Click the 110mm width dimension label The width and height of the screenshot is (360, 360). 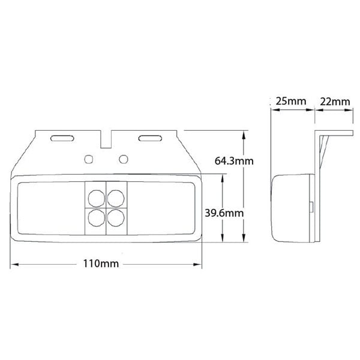point(101,263)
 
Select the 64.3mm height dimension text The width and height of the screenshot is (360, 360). point(234,161)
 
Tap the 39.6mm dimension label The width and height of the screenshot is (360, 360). point(224,213)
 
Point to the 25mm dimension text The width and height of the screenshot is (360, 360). point(291,101)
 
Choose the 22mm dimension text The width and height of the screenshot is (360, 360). point(335,101)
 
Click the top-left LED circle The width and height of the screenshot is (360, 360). point(97,199)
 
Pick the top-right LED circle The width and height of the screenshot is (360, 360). point(116,199)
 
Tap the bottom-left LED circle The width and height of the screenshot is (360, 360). point(97,218)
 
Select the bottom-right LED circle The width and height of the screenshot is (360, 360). point(116,218)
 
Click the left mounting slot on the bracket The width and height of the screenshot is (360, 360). point(62,138)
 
